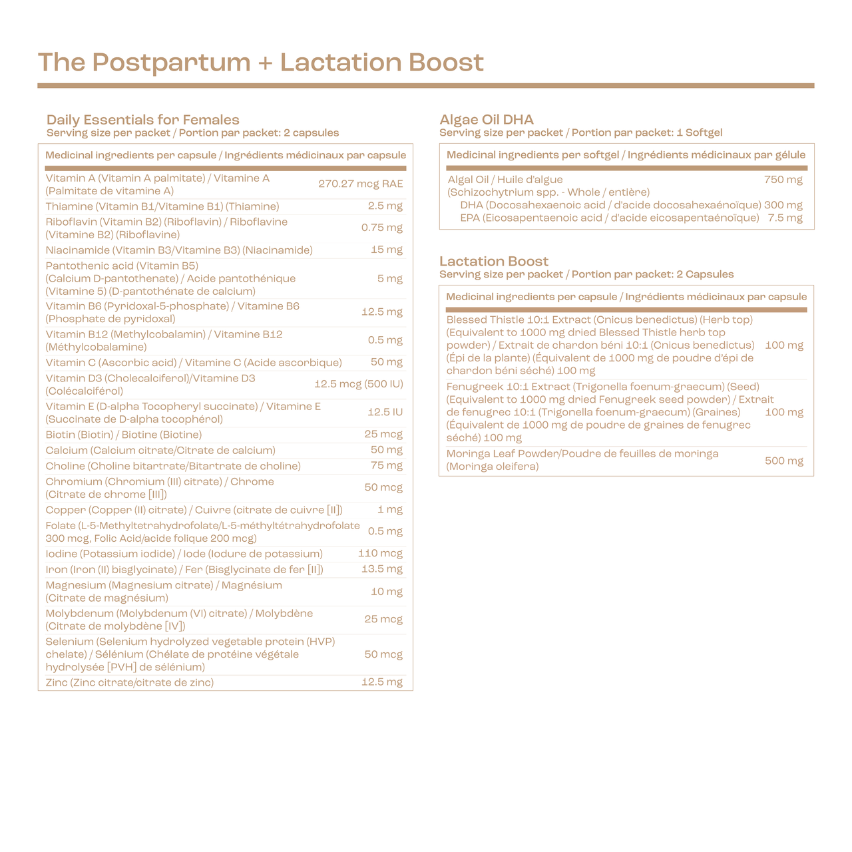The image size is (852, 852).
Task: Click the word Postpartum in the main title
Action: tap(172, 63)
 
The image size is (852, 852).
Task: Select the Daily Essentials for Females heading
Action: tap(142, 120)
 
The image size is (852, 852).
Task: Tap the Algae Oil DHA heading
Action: tap(486, 120)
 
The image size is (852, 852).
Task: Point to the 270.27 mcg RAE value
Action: tap(360, 184)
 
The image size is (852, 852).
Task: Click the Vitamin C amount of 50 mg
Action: tap(387, 362)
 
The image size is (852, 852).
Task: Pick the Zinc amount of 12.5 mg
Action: tap(381, 682)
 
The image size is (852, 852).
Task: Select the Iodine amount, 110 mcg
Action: tap(380, 554)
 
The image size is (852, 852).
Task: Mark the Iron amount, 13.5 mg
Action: tap(381, 569)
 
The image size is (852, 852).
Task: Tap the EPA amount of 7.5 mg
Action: tap(785, 218)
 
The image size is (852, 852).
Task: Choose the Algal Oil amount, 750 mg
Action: tap(783, 180)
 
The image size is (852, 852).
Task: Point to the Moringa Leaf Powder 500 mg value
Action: tap(783, 461)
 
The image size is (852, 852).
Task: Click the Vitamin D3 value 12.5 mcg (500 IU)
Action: tap(358, 384)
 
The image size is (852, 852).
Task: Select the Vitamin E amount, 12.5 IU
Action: tap(385, 412)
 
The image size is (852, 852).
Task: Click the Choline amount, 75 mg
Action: tap(387, 466)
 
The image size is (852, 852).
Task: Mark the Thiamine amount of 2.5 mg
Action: tap(385, 206)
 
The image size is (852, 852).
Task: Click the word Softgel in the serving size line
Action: tap(703, 132)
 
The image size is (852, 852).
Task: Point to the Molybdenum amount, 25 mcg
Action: tap(383, 619)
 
